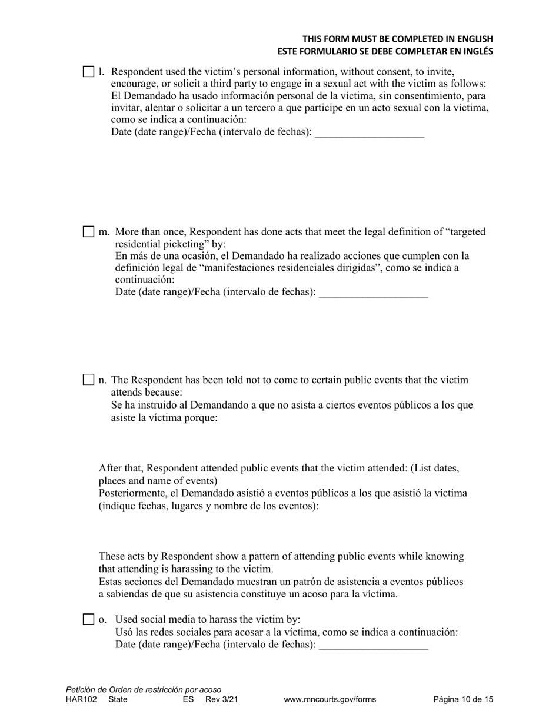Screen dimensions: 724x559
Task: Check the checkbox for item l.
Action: tap(88, 72)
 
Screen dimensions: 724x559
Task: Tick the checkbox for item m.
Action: tap(88, 231)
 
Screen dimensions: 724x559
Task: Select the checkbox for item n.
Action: tap(88, 380)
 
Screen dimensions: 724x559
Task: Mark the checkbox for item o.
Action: tap(88, 619)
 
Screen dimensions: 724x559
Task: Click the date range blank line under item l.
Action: tap(370, 133)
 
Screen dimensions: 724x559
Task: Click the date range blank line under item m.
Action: tap(373, 293)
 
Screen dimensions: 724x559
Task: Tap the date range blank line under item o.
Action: tap(373, 646)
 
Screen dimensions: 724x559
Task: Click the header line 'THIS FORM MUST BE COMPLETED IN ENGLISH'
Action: tap(398, 39)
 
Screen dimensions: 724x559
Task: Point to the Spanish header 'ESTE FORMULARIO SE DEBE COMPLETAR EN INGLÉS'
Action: tap(385, 51)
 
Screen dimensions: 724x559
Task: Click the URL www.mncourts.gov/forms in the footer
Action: tap(330, 700)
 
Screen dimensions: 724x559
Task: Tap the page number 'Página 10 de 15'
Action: tap(463, 700)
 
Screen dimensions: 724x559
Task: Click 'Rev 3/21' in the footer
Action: tap(222, 700)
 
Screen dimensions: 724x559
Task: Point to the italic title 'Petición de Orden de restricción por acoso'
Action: tap(144, 690)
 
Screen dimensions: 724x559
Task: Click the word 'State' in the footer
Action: tap(118, 700)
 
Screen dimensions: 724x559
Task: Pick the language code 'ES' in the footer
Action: tap(188, 700)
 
